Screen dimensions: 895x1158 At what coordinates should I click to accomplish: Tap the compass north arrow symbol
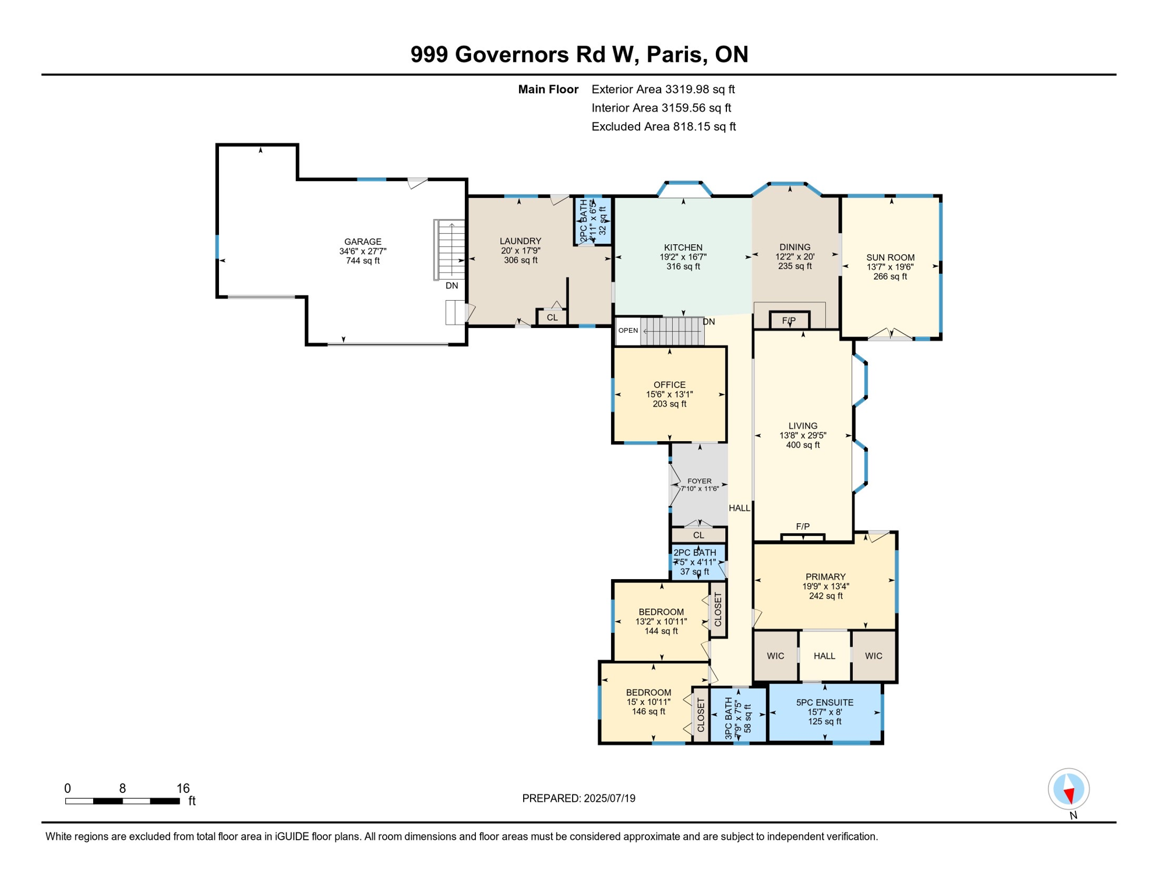[x=1068, y=790]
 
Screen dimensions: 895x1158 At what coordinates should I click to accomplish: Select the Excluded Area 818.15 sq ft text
[x=663, y=126]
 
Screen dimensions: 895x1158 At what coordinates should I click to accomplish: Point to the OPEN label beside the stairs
[x=628, y=330]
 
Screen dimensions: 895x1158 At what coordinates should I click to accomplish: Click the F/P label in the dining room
[x=788, y=321]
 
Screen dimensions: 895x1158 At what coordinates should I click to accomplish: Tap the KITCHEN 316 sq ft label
[x=683, y=257]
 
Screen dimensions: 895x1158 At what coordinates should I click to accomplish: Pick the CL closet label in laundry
[x=552, y=318]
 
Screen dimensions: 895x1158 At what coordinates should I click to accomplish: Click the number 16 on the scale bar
[x=183, y=788]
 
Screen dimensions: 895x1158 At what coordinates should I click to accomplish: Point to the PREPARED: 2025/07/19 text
[x=578, y=798]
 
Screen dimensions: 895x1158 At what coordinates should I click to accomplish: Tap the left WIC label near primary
[x=775, y=656]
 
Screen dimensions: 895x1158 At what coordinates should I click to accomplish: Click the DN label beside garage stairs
[x=451, y=286]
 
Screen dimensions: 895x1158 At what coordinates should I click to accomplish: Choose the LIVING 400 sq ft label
[x=802, y=435]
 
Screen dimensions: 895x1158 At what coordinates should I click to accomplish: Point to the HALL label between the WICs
[x=824, y=656]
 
